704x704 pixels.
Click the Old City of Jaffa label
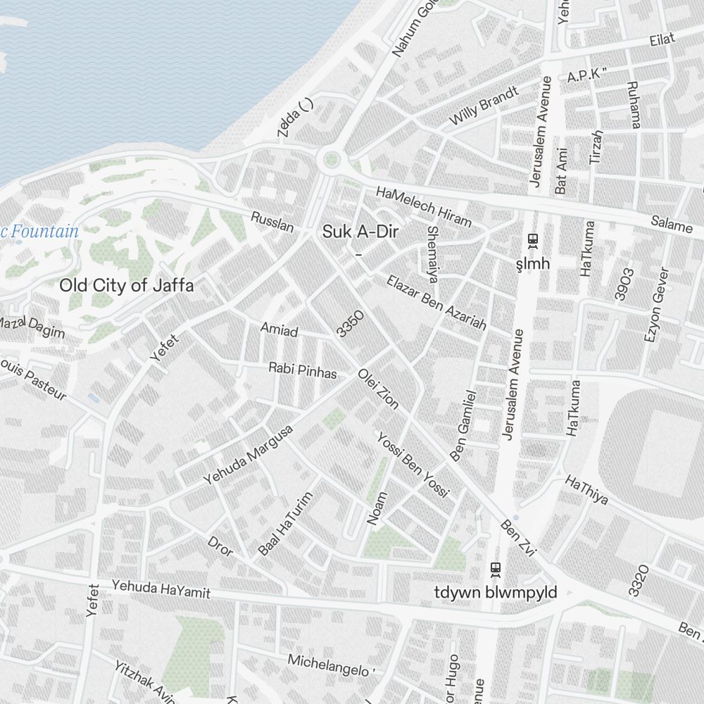(126, 285)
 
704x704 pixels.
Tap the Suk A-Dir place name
(356, 231)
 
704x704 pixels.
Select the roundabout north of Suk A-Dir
(330, 161)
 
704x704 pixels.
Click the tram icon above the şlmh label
(533, 241)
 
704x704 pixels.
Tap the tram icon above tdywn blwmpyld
(496, 568)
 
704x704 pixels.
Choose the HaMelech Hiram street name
(423, 206)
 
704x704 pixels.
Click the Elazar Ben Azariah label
(436, 302)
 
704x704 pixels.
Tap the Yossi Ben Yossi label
(413, 465)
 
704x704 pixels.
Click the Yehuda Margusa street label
(248, 455)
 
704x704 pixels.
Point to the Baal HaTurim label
(286, 524)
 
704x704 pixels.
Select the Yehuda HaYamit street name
(161, 589)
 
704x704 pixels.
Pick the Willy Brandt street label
(484, 106)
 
